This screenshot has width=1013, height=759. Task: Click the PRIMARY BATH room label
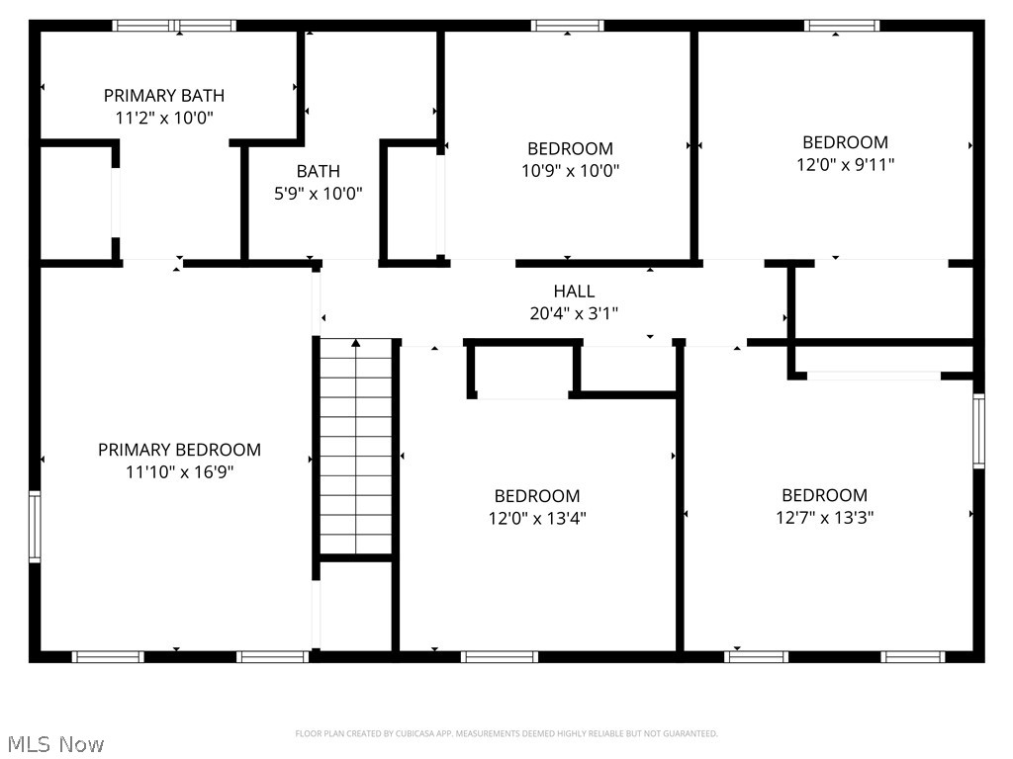164,96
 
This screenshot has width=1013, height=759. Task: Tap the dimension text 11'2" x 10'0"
164,118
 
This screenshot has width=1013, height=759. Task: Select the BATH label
318,172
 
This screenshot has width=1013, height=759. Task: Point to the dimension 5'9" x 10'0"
318,194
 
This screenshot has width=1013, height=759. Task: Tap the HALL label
574,292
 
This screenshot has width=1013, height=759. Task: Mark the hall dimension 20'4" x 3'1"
574,313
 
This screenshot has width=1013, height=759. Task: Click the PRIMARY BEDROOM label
179,451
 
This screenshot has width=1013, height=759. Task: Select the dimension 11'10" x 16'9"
179,472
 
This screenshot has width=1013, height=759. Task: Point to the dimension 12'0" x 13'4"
537,518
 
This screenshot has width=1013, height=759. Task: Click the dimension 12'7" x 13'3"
824,517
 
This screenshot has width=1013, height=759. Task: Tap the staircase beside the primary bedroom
356,445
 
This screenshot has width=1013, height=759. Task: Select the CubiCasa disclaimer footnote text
506,733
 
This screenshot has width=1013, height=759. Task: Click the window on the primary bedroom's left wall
35,527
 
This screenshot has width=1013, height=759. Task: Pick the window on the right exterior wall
978,430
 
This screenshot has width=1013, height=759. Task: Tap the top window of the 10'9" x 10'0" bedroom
567,26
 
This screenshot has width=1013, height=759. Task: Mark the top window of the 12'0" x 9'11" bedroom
841,26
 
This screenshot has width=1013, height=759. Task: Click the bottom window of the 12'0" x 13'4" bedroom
500,656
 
